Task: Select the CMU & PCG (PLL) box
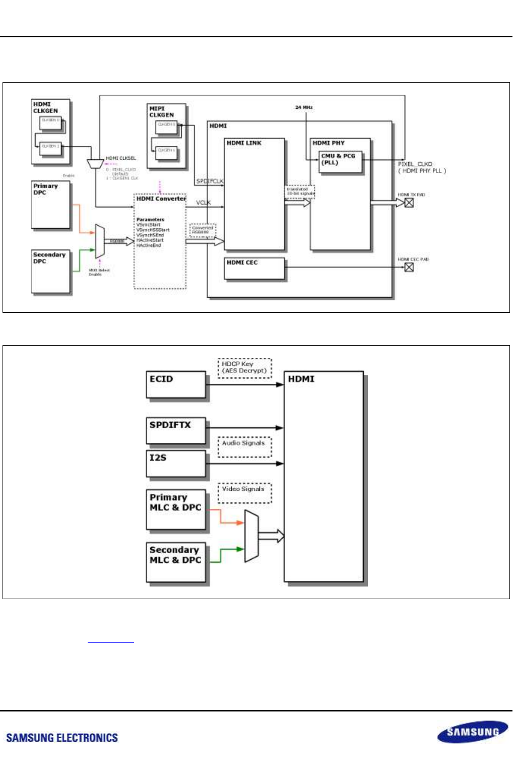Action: [340, 162]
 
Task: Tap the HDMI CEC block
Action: [254, 268]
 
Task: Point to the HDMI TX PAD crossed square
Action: [409, 203]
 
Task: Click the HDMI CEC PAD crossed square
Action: [409, 267]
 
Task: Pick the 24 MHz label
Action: [304, 107]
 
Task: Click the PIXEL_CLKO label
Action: [415, 164]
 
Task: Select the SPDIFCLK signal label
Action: [210, 181]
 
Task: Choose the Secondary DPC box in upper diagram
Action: [51, 272]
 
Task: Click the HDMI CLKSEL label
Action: [120, 158]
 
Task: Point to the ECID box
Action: [176, 385]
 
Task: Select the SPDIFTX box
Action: [176, 430]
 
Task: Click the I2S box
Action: [176, 463]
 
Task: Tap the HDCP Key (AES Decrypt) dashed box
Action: [244, 368]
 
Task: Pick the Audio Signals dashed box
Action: [244, 446]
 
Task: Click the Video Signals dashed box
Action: [244, 493]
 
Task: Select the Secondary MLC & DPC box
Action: [176, 562]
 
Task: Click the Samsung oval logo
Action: [472, 732]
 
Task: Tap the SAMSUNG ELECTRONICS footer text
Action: [62, 738]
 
